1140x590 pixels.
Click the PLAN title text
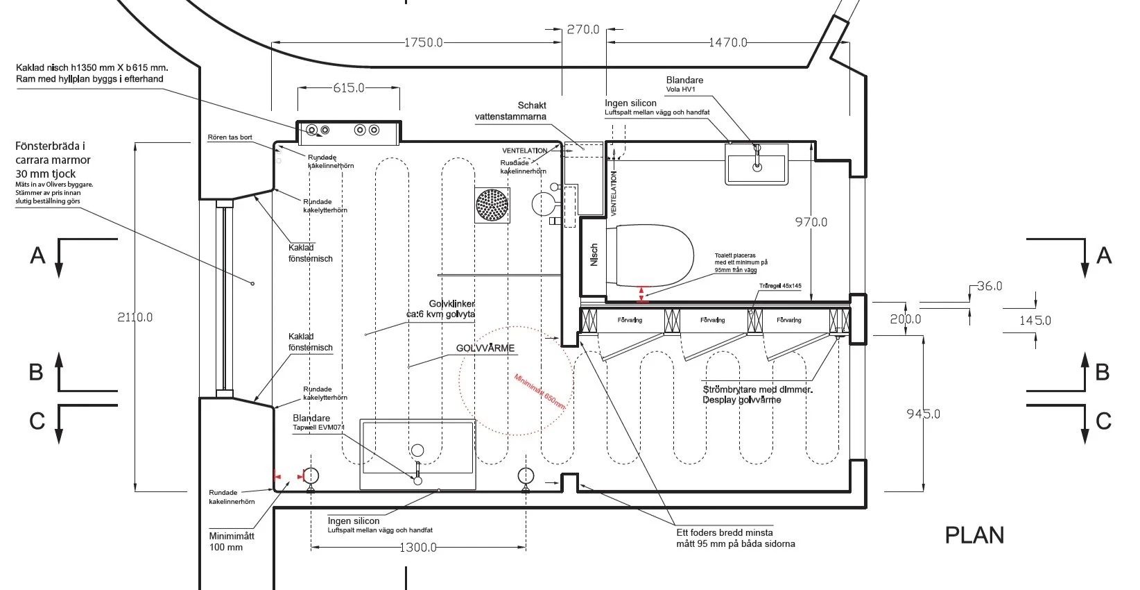tap(974, 535)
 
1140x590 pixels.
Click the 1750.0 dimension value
tap(423, 42)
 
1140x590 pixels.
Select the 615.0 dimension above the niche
tap(348, 88)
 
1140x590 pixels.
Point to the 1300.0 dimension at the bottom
tap(417, 548)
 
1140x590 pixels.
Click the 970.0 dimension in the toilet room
tap(811, 222)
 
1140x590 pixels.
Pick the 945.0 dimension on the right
tap(923, 414)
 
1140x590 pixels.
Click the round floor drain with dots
tap(492, 205)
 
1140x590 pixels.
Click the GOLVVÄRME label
tap(485, 348)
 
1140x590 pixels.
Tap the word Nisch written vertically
tap(594, 255)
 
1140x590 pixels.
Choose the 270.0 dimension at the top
tap(582, 29)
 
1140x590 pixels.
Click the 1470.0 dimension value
tap(728, 42)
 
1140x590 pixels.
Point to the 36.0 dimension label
tap(989, 286)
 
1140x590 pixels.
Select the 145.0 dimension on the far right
tap(1035, 320)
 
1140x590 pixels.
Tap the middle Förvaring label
tap(712, 320)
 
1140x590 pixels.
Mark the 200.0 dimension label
tap(906, 319)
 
